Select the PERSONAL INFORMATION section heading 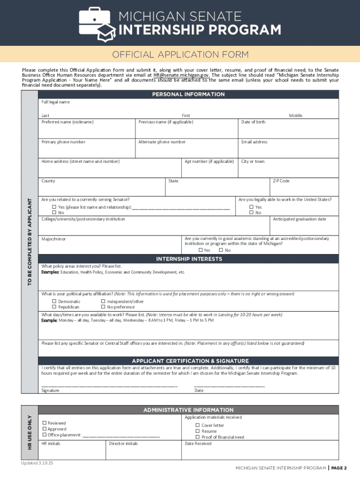point(188,94)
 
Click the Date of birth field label point(253,122)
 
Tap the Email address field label point(254,142)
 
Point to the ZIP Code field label point(281,181)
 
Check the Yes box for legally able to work point(251,207)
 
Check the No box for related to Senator point(54,213)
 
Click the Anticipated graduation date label point(299,219)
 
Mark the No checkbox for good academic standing point(221,250)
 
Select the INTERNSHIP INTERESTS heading point(188,259)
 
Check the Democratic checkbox point(54,302)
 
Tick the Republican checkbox point(54,307)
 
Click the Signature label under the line point(50,391)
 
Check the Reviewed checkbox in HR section point(44,423)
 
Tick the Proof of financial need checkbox point(197,437)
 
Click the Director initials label point(123,443)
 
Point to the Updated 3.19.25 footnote point(37,463)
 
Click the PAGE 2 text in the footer point(339,468)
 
